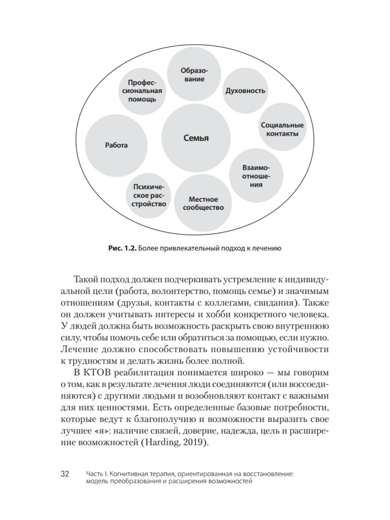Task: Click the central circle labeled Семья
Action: (196, 138)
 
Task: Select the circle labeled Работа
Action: (116, 145)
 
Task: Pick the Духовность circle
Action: (245, 91)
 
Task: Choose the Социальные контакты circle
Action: (282, 129)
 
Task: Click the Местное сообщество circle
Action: (203, 203)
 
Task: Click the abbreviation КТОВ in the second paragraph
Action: (95, 372)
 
